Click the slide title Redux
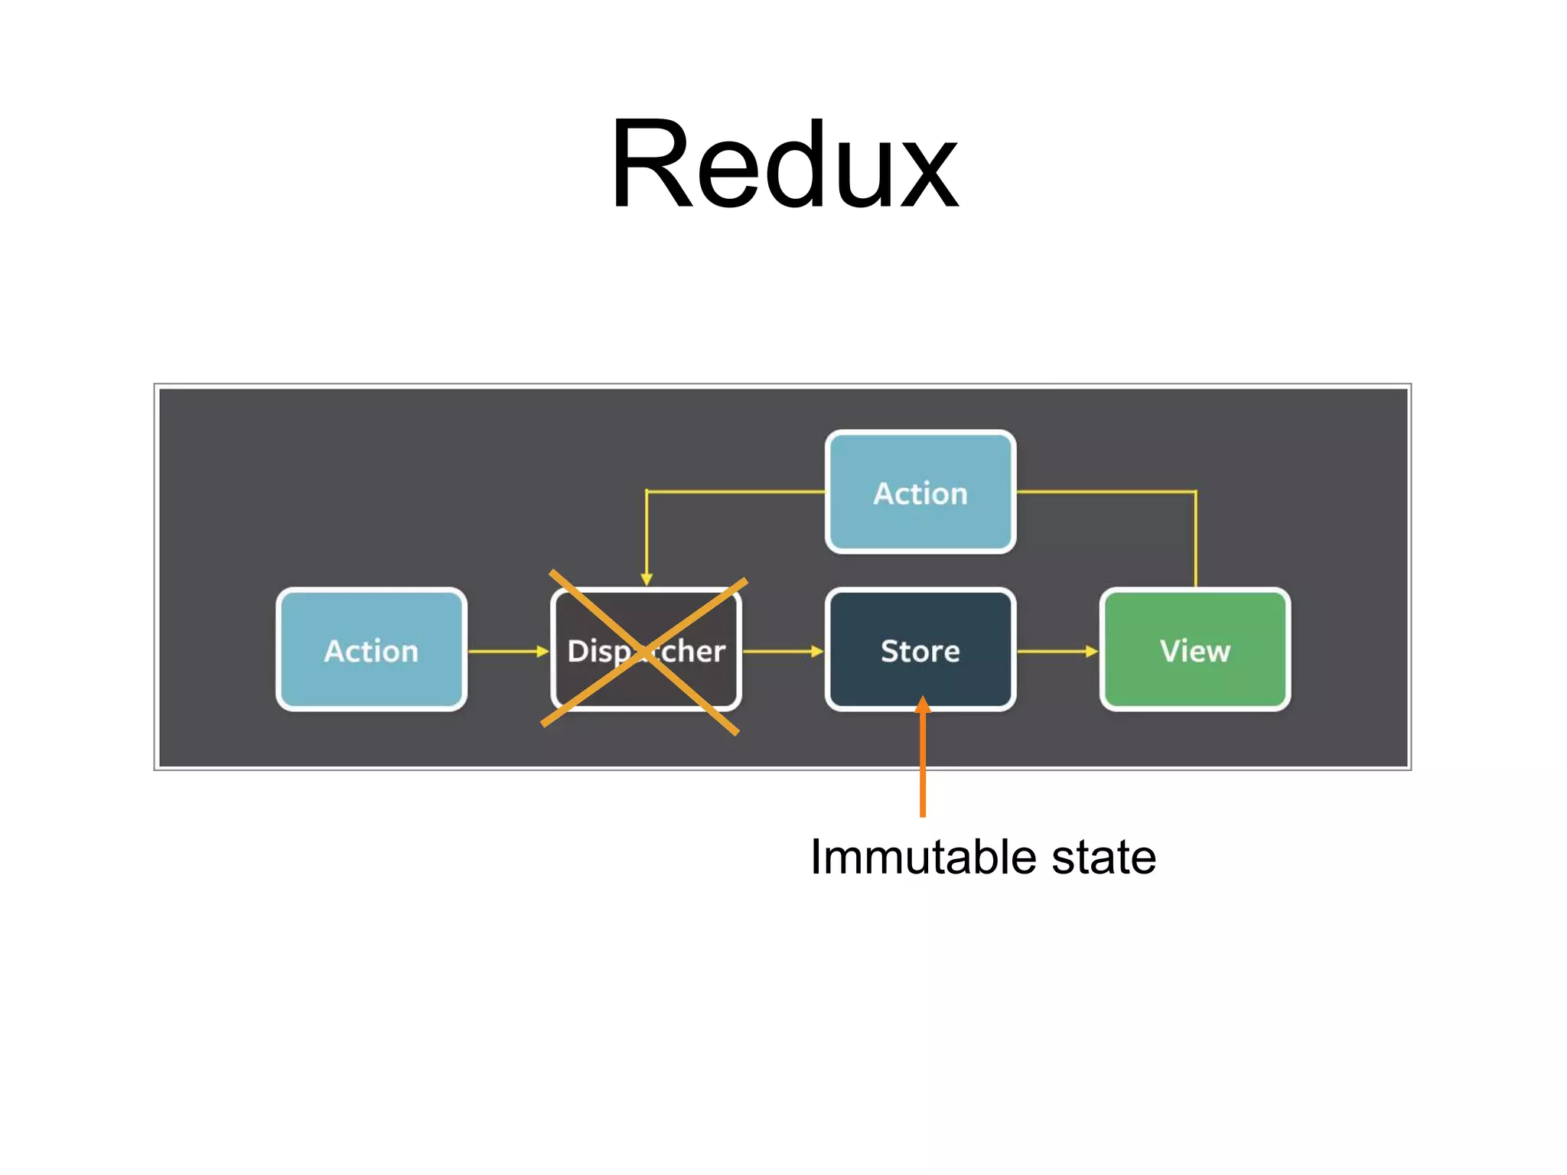pyautogui.click(x=783, y=164)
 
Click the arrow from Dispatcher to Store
pyautogui.click(x=783, y=652)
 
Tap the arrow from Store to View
pyautogui.click(x=1057, y=652)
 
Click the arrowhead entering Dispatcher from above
pyautogui.click(x=647, y=580)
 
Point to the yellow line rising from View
pyautogui.click(x=1196, y=539)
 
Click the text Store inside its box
pyautogui.click(x=920, y=652)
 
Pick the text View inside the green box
pyautogui.click(x=1195, y=652)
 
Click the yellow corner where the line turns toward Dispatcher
pyautogui.click(x=647, y=491)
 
